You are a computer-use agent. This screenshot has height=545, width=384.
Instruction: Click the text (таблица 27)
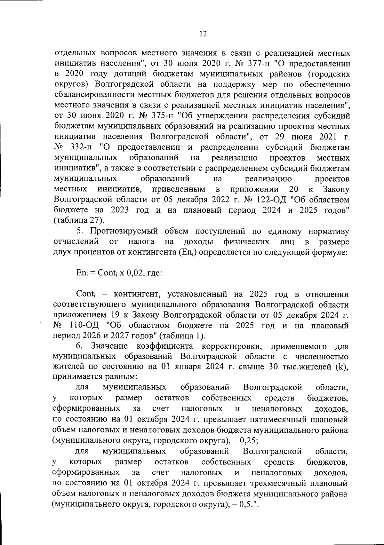tap(78, 220)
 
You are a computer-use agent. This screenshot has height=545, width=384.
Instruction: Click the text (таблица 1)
tap(183, 336)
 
